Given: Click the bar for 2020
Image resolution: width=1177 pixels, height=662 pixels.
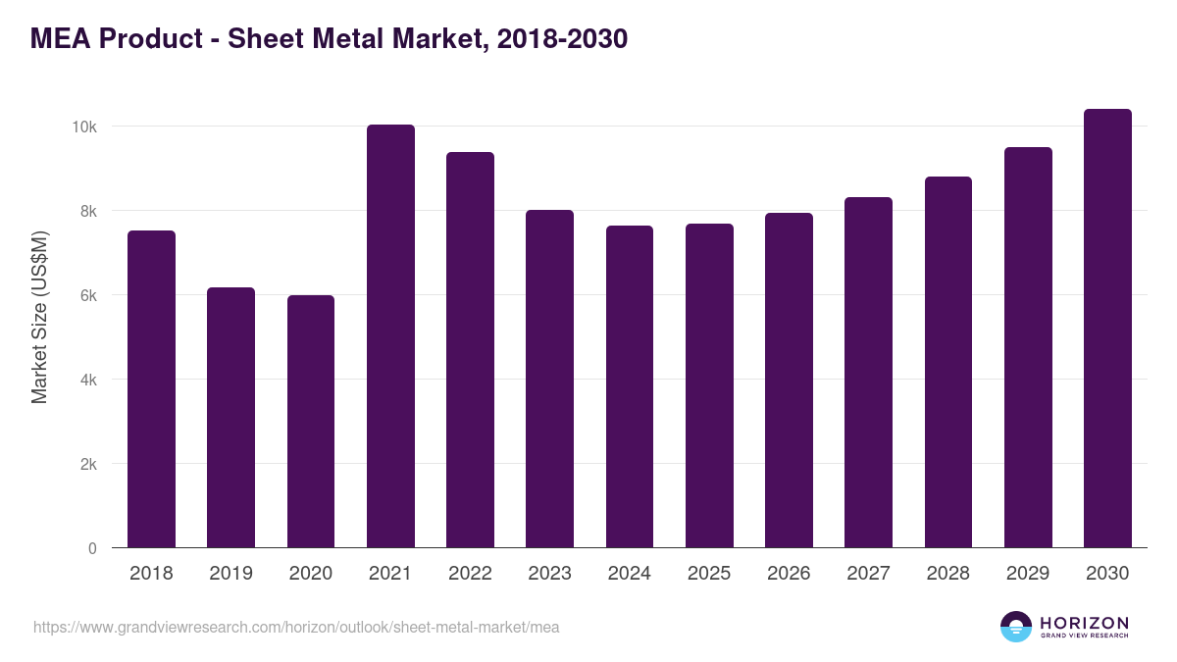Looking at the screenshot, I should pos(311,422).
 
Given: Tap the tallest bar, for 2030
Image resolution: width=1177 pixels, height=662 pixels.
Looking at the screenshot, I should pos(1107,329).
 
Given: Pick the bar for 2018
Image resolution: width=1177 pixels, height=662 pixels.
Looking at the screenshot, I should pos(151,389).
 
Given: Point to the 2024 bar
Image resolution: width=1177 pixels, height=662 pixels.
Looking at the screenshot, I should pos(630,386).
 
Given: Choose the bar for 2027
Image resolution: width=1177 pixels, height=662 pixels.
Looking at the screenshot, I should pos(868,373).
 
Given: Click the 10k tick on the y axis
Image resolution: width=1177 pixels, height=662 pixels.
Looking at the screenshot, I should pos(83,127).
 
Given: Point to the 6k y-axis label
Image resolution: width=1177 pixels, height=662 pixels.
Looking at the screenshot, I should pos(87,295).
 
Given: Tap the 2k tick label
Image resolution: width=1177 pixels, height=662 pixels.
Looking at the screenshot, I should pos(87,464).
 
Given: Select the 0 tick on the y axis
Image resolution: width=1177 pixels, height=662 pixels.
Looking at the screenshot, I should pos(92,548).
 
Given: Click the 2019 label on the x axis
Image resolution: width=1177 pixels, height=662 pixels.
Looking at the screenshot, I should pos(230,574).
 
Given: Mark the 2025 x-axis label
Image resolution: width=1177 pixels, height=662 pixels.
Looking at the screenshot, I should pos(709,574).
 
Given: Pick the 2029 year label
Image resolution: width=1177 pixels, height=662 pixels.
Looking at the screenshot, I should pos(1028,574).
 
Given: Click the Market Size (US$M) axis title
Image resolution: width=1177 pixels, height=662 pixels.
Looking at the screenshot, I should pos(40,316).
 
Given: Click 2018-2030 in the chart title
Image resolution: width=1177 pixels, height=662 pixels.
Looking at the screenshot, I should pos(562,39).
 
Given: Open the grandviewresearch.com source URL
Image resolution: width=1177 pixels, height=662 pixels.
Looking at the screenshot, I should pos(296,627).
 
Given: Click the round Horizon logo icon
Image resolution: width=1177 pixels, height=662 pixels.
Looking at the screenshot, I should pos(1016,627).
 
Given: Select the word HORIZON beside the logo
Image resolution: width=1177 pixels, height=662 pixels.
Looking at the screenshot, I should pos(1084,623).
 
